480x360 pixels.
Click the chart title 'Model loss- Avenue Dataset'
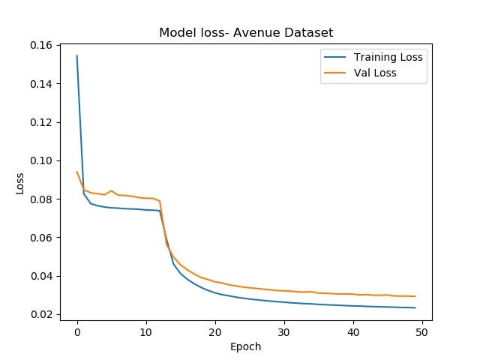click(246, 33)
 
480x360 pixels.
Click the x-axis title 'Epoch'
click(246, 346)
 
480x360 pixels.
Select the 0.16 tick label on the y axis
click(43, 46)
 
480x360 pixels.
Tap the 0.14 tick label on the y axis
click(43, 84)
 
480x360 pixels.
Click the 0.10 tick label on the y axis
click(43, 160)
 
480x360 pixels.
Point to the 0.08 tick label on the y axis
click(43, 199)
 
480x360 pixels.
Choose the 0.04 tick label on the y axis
click(43, 276)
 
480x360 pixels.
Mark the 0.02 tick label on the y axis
click(43, 314)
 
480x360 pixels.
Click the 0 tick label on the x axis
click(77, 331)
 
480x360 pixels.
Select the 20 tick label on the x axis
click(214, 331)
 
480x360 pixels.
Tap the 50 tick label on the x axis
click(421, 331)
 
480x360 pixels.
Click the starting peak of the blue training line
click(77, 55)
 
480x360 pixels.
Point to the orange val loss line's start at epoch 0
click(77, 172)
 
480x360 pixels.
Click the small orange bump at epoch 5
click(111, 190)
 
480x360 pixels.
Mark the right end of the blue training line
click(415, 307)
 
